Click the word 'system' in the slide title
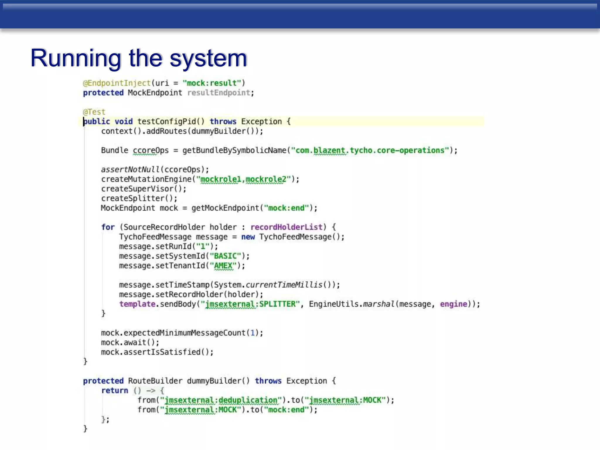click(208, 58)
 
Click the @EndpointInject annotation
click(117, 83)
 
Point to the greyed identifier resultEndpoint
click(219, 93)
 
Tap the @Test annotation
click(94, 112)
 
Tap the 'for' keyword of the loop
click(108, 227)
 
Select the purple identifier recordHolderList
click(286, 227)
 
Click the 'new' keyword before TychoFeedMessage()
click(248, 237)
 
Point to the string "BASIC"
click(225, 256)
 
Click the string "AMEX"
click(223, 266)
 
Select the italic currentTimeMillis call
click(284, 285)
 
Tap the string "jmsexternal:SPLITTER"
click(250, 304)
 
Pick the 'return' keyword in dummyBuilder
click(115, 391)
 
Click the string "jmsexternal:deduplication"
click(221, 400)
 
